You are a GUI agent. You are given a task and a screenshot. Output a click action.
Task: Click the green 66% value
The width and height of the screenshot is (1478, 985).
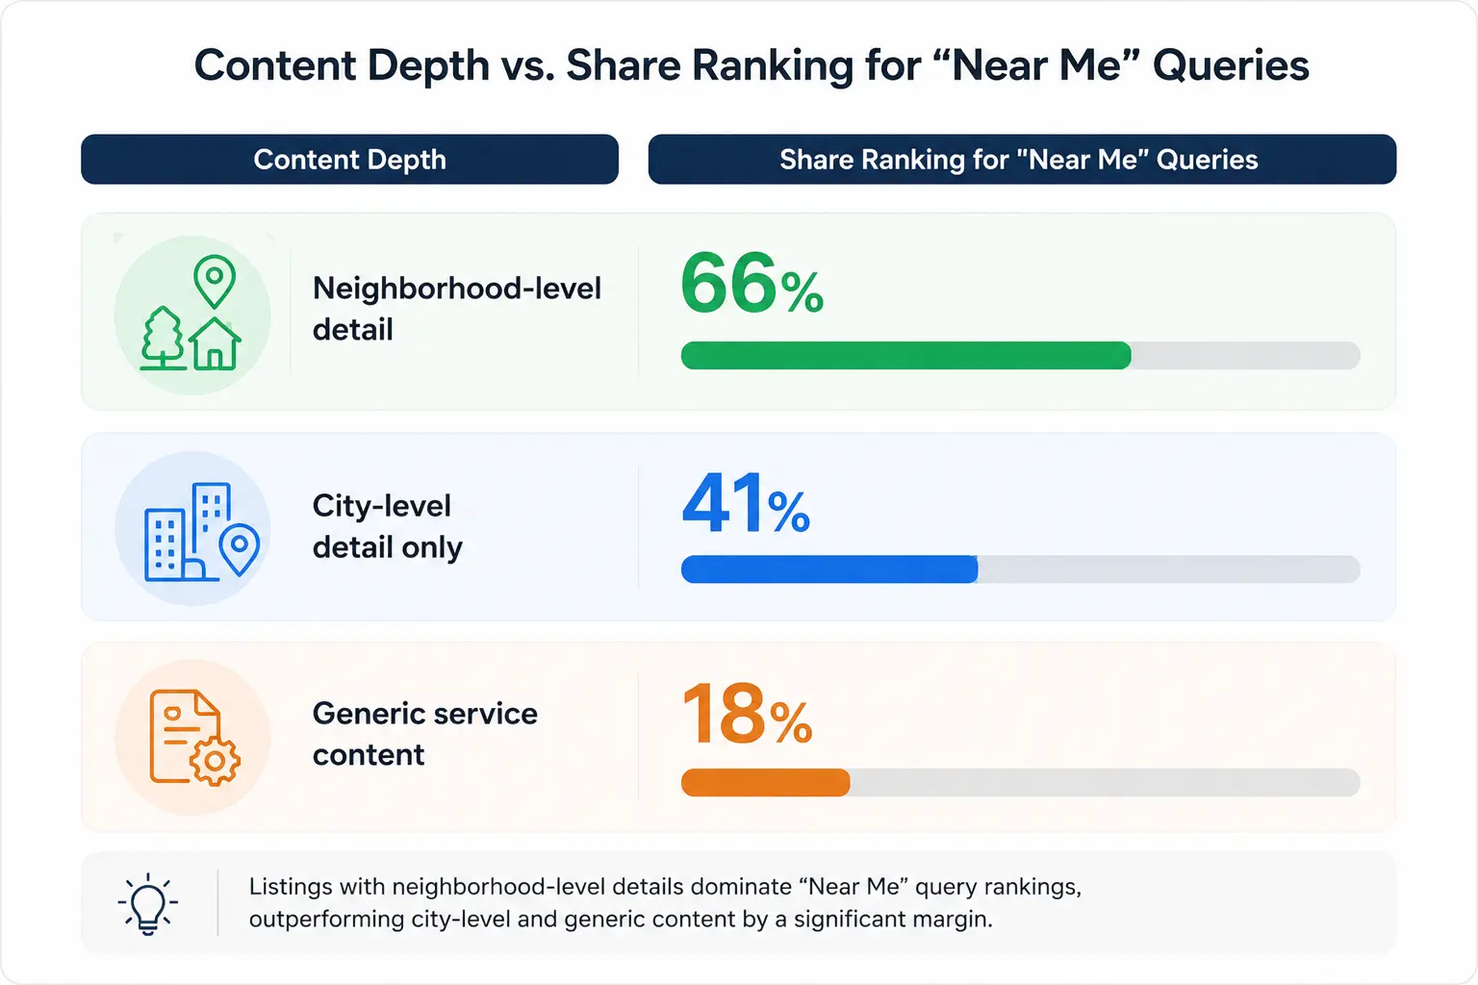pyautogui.click(x=752, y=283)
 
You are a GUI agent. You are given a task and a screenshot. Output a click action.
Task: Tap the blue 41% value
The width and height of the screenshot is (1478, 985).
pyautogui.click(x=746, y=503)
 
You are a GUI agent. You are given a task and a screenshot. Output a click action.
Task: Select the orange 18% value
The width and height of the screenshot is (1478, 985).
pyautogui.click(x=747, y=714)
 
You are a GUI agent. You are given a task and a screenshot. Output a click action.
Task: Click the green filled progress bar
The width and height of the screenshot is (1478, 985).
pyautogui.click(x=905, y=355)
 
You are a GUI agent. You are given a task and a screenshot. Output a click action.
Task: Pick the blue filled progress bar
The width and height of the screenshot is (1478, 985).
pyautogui.click(x=829, y=568)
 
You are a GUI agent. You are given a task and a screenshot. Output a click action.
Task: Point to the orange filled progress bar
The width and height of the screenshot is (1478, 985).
pyautogui.click(x=765, y=782)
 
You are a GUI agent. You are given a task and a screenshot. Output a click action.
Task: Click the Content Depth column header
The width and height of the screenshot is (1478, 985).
pyautogui.click(x=349, y=159)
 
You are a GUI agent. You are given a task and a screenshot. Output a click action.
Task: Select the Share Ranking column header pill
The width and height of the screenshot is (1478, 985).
pyautogui.click(x=1022, y=159)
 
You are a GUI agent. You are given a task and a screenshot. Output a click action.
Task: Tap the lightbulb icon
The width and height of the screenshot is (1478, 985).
pyautogui.click(x=148, y=903)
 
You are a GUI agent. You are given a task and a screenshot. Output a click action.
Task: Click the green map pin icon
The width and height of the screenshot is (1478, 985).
pyautogui.click(x=215, y=281)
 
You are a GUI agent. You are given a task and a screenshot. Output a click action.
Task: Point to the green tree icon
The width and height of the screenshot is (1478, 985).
pyautogui.click(x=163, y=337)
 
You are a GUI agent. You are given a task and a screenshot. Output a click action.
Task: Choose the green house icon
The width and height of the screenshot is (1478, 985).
pyautogui.click(x=215, y=343)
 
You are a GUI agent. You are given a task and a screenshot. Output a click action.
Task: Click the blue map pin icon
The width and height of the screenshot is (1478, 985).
pyautogui.click(x=239, y=549)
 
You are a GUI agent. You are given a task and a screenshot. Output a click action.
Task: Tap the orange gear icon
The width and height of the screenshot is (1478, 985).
pyautogui.click(x=215, y=761)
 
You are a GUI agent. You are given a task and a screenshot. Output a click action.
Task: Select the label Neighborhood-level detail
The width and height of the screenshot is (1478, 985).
pyautogui.click(x=457, y=309)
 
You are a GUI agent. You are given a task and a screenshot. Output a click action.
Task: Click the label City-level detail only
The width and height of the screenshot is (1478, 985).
pyautogui.click(x=388, y=526)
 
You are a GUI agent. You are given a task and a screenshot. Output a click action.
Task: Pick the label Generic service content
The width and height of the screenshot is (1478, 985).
pyautogui.click(x=425, y=734)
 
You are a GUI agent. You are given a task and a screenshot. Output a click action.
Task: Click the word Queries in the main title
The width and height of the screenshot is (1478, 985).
pyautogui.click(x=1231, y=65)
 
